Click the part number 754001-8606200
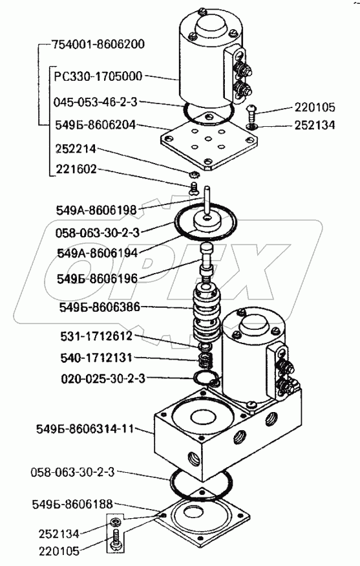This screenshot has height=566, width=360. coord(98,45)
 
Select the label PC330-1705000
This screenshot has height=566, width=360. coord(98,76)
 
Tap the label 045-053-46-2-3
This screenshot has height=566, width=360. coord(96,102)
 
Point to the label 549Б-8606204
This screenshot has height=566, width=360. coord(95,125)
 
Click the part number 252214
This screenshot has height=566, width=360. coord(76,149)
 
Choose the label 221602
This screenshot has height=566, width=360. coord(76,169)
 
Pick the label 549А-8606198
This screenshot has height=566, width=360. coord(96,210)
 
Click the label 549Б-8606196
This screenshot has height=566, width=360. coord(98,279)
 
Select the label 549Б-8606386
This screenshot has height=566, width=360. coord(99,307)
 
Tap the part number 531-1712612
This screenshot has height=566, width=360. coord(96,336)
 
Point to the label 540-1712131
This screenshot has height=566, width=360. coord(96,358)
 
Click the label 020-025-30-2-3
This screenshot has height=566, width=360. coord(103,378)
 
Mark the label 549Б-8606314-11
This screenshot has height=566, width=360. coord(85,430)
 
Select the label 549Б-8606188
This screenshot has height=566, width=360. coord(72,504)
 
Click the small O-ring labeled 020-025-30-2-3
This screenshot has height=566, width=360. coord(206,378)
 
